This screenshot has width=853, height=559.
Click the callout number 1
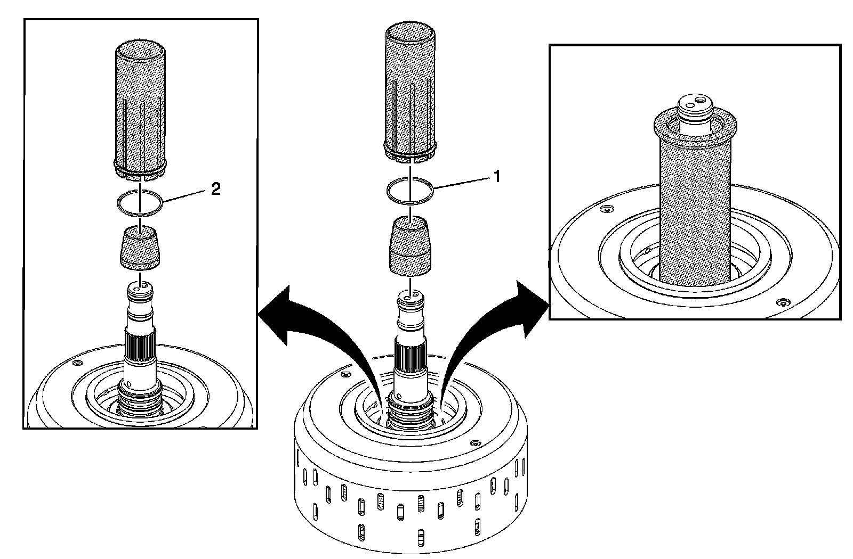(x=497, y=176)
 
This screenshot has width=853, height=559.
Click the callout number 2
(x=215, y=190)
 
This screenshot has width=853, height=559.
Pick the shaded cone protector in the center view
(x=410, y=246)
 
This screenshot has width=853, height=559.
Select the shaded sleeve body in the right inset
(x=695, y=213)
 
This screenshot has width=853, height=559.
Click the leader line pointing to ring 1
(x=464, y=182)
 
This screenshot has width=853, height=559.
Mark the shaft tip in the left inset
(x=139, y=291)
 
